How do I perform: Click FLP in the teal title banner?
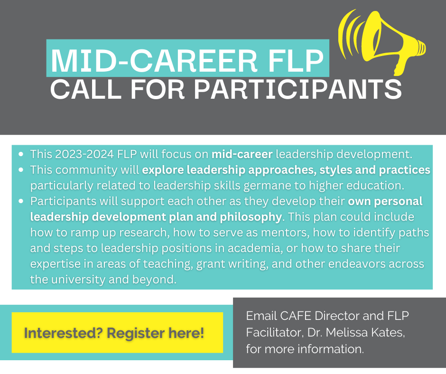pyautogui.click(x=296, y=61)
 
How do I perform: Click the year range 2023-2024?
pyautogui.click(x=84, y=154)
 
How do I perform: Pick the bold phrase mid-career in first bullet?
pyautogui.click(x=242, y=154)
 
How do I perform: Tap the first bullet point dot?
pyautogui.click(x=21, y=154)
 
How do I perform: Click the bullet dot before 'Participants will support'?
pyautogui.click(x=21, y=201)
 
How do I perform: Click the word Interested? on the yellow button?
pyautogui.click(x=63, y=333)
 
